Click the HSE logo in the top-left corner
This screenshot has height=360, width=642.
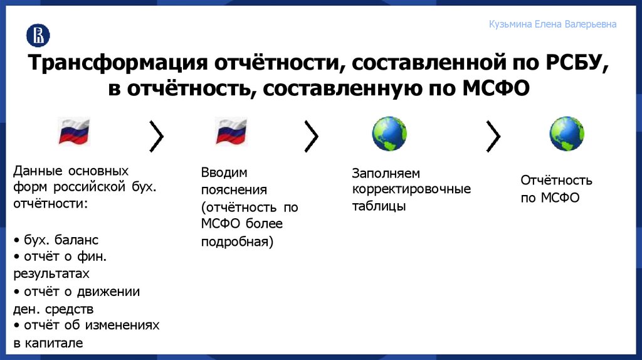[x=38, y=35]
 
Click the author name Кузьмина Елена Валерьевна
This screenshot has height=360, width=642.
[x=552, y=24]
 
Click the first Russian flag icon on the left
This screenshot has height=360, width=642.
[x=74, y=132]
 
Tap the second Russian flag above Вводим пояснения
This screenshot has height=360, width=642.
[x=231, y=132]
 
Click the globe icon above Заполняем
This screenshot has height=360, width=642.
[x=389, y=133]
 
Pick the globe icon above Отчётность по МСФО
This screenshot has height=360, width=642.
[x=567, y=133]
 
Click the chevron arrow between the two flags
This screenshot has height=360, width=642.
[x=156, y=135]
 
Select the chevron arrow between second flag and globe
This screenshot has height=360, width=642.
[x=311, y=135]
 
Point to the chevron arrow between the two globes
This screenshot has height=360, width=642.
[x=493, y=135]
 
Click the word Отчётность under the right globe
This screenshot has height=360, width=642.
[x=556, y=181]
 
